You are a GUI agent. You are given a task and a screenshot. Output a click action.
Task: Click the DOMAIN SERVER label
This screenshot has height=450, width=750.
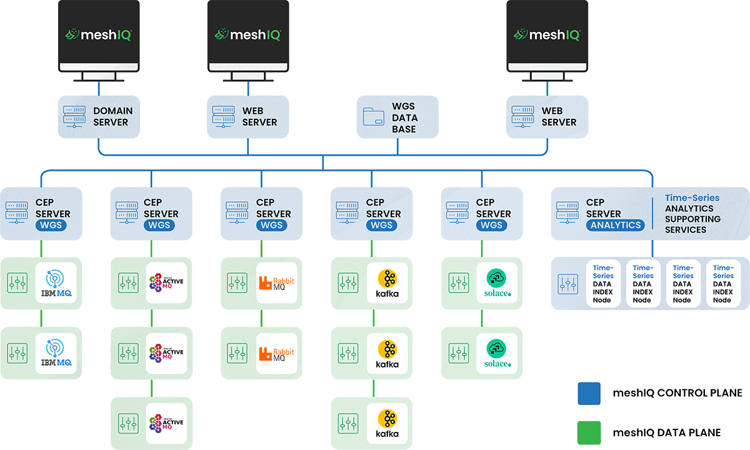112,116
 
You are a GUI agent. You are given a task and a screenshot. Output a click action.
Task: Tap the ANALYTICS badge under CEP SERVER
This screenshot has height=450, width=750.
616,225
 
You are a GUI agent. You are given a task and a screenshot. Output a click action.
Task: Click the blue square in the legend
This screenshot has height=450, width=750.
589,394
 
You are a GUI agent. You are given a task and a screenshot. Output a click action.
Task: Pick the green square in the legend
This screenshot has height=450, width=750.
589,432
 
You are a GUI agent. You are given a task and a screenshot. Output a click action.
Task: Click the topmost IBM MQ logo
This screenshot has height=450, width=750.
57,283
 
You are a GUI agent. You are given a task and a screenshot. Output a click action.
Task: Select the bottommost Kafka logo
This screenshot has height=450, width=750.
387,423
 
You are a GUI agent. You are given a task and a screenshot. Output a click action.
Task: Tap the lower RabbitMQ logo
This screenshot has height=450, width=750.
277,353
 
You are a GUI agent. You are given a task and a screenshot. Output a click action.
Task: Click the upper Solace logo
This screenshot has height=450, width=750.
497,283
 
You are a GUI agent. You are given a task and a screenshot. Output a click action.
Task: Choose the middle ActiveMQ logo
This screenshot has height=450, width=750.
167,353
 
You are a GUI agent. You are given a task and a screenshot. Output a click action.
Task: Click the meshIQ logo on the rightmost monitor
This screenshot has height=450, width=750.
546,34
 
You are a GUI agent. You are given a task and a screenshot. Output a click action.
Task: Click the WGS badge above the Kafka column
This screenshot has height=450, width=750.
381,225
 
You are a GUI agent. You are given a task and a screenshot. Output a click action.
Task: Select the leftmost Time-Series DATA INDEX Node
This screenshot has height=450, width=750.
603,284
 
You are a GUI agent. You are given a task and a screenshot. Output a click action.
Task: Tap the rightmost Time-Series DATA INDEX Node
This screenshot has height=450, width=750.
722,284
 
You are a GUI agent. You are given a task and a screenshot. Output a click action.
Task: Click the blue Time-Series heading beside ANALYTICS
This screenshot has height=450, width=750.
692,197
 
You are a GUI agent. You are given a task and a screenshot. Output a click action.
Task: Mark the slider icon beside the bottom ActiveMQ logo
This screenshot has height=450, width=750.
128,423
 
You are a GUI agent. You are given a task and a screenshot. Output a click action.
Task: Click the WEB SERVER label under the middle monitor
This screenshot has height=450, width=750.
259,116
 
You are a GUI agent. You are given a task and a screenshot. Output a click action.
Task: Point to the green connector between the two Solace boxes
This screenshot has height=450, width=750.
481,318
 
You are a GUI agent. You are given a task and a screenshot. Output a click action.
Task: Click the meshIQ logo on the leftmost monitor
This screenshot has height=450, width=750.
99,34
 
